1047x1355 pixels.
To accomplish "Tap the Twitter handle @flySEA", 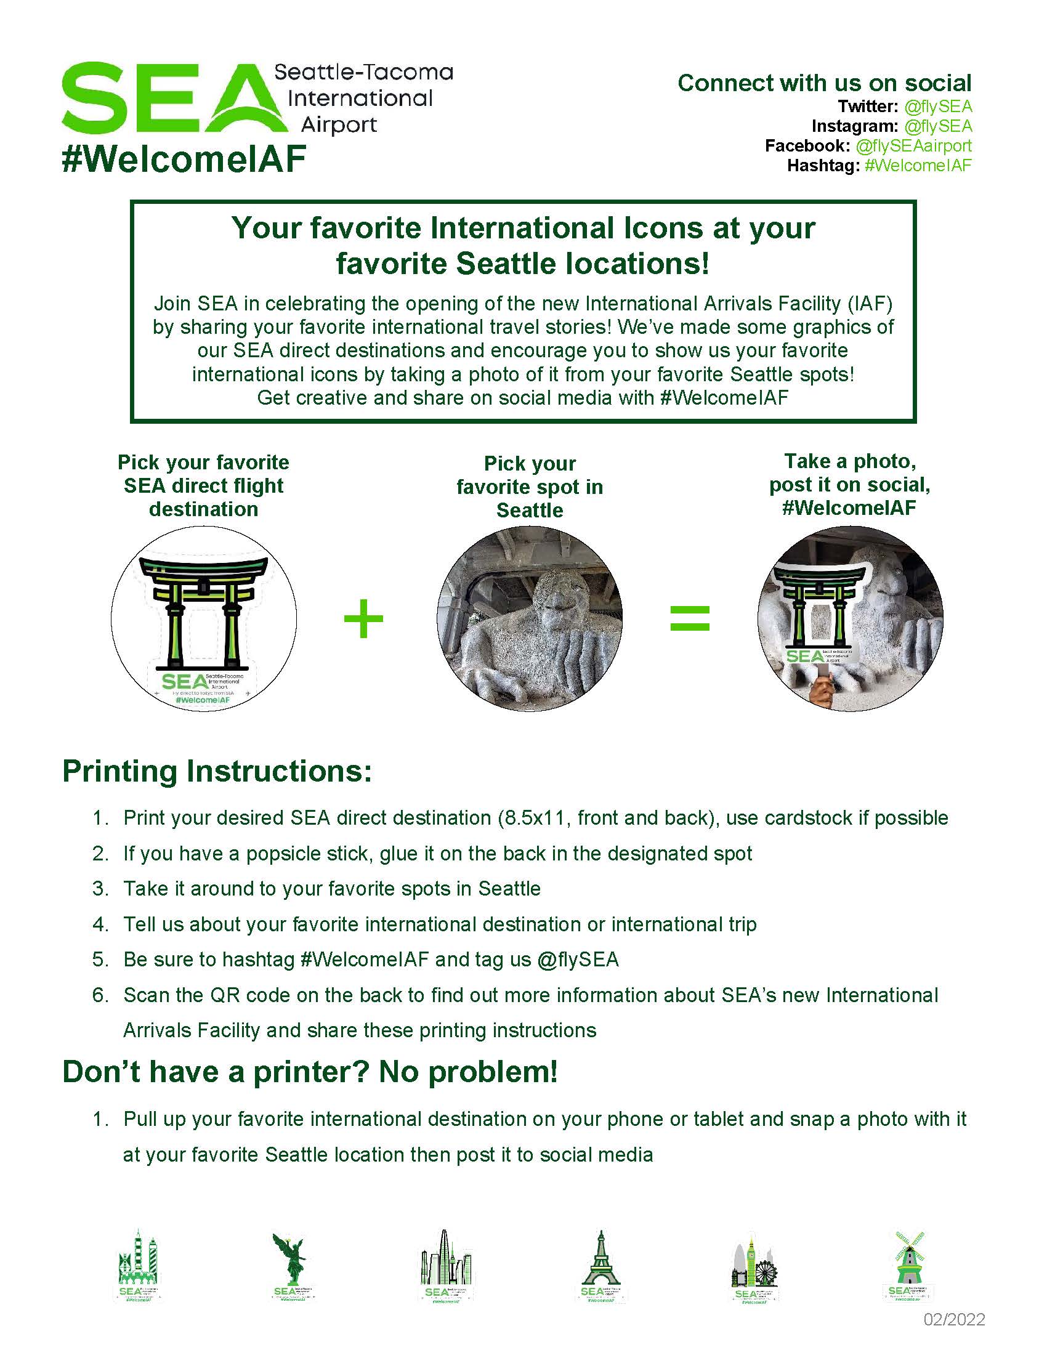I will pos(937,107).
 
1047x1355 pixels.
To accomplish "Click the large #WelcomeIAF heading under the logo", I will pos(184,159).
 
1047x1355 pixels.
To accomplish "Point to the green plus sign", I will pos(363,618).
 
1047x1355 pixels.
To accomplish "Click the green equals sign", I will pos(690,618).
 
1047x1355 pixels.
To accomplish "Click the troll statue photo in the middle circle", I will pos(529,618).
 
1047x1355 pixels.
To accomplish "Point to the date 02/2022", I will pos(954,1320).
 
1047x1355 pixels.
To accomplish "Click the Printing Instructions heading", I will pos(217,771).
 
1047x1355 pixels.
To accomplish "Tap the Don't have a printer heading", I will pos(310,1072).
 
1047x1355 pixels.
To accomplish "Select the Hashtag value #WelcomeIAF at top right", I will pos(918,166).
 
